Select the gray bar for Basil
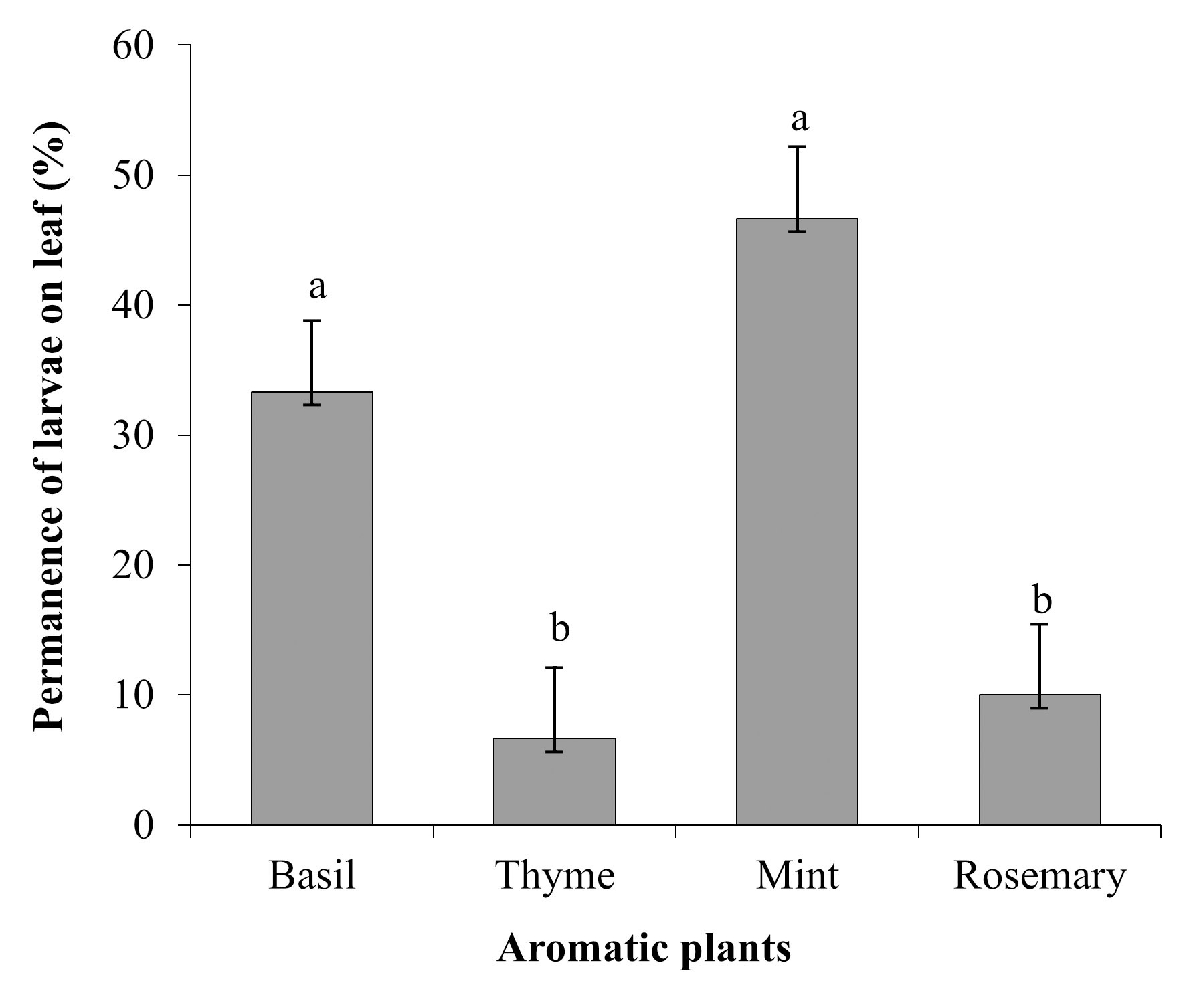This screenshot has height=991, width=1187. pyautogui.click(x=312, y=609)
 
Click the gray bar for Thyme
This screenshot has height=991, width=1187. pyautogui.click(x=555, y=782)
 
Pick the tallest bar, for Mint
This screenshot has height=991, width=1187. pyautogui.click(x=797, y=522)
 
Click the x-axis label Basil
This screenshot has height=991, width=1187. pyautogui.click(x=312, y=876)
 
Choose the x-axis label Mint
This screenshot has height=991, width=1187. pyautogui.click(x=797, y=876)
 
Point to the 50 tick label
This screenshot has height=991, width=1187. pyautogui.click(x=134, y=175)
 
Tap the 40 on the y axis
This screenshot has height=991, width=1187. pyautogui.click(x=134, y=306)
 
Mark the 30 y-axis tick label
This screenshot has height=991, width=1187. pyautogui.click(x=134, y=435)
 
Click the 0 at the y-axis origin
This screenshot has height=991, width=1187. pyautogui.click(x=143, y=826)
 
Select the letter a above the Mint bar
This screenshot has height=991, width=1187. pyautogui.click(x=800, y=120)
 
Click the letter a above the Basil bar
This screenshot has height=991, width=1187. pyautogui.click(x=317, y=288)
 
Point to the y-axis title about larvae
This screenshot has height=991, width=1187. pyautogui.click(x=51, y=428)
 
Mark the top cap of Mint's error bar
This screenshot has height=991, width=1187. pyautogui.click(x=797, y=146)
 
